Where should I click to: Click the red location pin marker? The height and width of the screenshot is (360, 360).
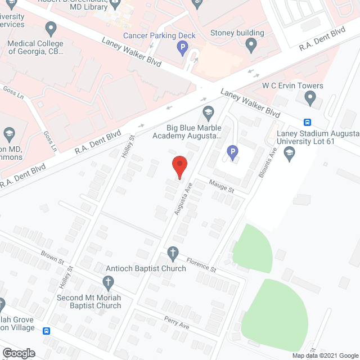(x=179, y=167)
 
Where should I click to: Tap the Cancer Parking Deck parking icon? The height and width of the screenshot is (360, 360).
(x=182, y=49)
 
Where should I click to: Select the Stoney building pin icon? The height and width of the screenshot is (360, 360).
(x=251, y=44)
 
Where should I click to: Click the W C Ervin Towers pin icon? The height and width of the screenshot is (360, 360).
(x=309, y=98)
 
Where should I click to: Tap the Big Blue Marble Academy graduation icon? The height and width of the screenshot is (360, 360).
(x=208, y=112)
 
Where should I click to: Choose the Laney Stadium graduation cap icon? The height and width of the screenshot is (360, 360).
(x=290, y=153)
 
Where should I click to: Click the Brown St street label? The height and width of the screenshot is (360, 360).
(x=53, y=258)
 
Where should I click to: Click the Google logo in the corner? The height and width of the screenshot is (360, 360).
(x=18, y=353)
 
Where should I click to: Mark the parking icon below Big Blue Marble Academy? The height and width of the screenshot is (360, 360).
(x=231, y=151)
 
